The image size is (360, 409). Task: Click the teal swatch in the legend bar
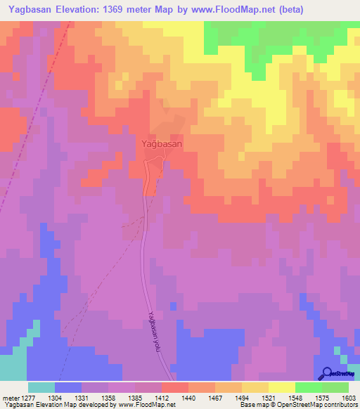click(x=41, y=387)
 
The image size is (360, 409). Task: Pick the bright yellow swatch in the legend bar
click(x=281, y=387)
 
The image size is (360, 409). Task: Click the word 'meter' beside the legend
click(x=11, y=398)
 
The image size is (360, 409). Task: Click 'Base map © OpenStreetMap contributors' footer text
click(x=297, y=405)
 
